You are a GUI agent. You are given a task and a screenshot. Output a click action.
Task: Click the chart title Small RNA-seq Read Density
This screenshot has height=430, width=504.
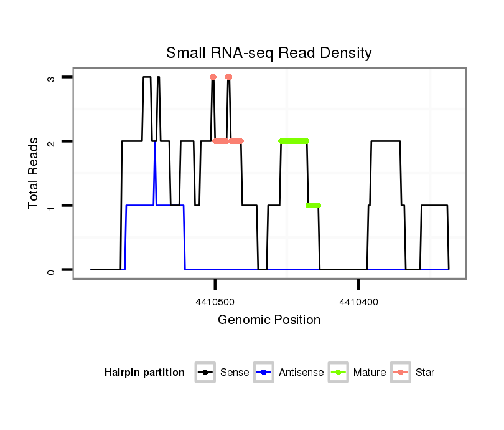[269, 53]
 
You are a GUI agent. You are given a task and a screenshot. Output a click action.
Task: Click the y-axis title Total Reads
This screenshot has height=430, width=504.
[34, 173]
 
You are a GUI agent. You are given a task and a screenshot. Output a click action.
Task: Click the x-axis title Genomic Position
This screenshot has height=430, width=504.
[269, 320]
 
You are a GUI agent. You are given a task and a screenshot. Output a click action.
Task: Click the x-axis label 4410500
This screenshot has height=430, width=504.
[215, 302]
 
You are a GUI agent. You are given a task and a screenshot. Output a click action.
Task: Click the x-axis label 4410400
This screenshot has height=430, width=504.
[358, 302]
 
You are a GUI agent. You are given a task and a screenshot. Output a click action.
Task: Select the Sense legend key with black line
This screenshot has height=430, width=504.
[205, 373]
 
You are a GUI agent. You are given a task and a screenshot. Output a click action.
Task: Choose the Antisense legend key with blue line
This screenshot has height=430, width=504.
[264, 373]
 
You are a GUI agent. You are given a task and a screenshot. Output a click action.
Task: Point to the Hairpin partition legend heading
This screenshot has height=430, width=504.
[144, 373]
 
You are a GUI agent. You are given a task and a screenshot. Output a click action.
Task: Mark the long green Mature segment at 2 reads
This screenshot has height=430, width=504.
[294, 141]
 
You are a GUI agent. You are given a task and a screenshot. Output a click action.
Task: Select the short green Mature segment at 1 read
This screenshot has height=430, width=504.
[313, 205]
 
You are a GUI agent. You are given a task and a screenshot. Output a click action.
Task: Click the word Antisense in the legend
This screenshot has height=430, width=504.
[301, 373]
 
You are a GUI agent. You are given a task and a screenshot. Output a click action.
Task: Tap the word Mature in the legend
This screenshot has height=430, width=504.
[370, 373]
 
